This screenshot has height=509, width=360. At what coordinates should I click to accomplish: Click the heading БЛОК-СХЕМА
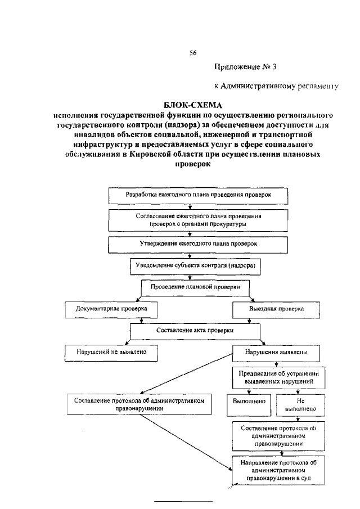pyautogui.click(x=193, y=106)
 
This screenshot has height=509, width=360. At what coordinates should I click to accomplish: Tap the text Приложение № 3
pyautogui.click(x=246, y=67)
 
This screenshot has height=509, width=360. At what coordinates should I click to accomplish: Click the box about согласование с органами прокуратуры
pyautogui.click(x=199, y=219)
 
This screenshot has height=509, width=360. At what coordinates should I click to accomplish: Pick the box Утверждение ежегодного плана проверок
pyautogui.click(x=199, y=245)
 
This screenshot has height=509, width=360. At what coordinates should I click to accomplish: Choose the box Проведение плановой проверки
pyautogui.click(x=195, y=287)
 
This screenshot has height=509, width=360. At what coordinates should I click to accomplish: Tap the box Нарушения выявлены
pyautogui.click(x=276, y=354)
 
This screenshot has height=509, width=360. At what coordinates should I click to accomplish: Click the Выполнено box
pyautogui.click(x=248, y=403)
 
